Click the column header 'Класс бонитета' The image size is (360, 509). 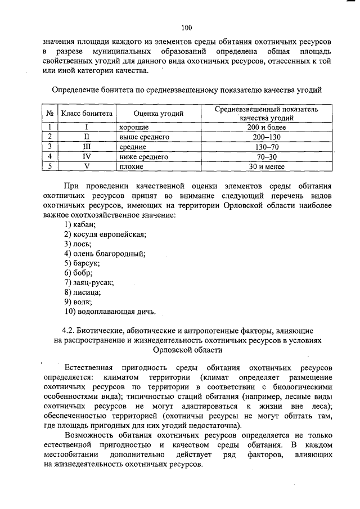[x=87, y=114]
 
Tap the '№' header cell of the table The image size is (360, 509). [x=49, y=114]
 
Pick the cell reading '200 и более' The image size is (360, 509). [x=267, y=127]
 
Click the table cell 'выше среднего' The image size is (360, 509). [x=144, y=137]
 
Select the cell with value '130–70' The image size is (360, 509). [x=267, y=147]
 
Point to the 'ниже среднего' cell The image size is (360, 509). [x=144, y=157]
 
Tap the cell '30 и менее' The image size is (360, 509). [x=267, y=167]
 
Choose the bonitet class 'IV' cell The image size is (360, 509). [x=87, y=157]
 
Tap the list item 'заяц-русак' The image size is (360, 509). [x=89, y=282]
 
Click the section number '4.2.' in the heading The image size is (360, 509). [x=67, y=330]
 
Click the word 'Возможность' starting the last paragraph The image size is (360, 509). [x=90, y=435]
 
